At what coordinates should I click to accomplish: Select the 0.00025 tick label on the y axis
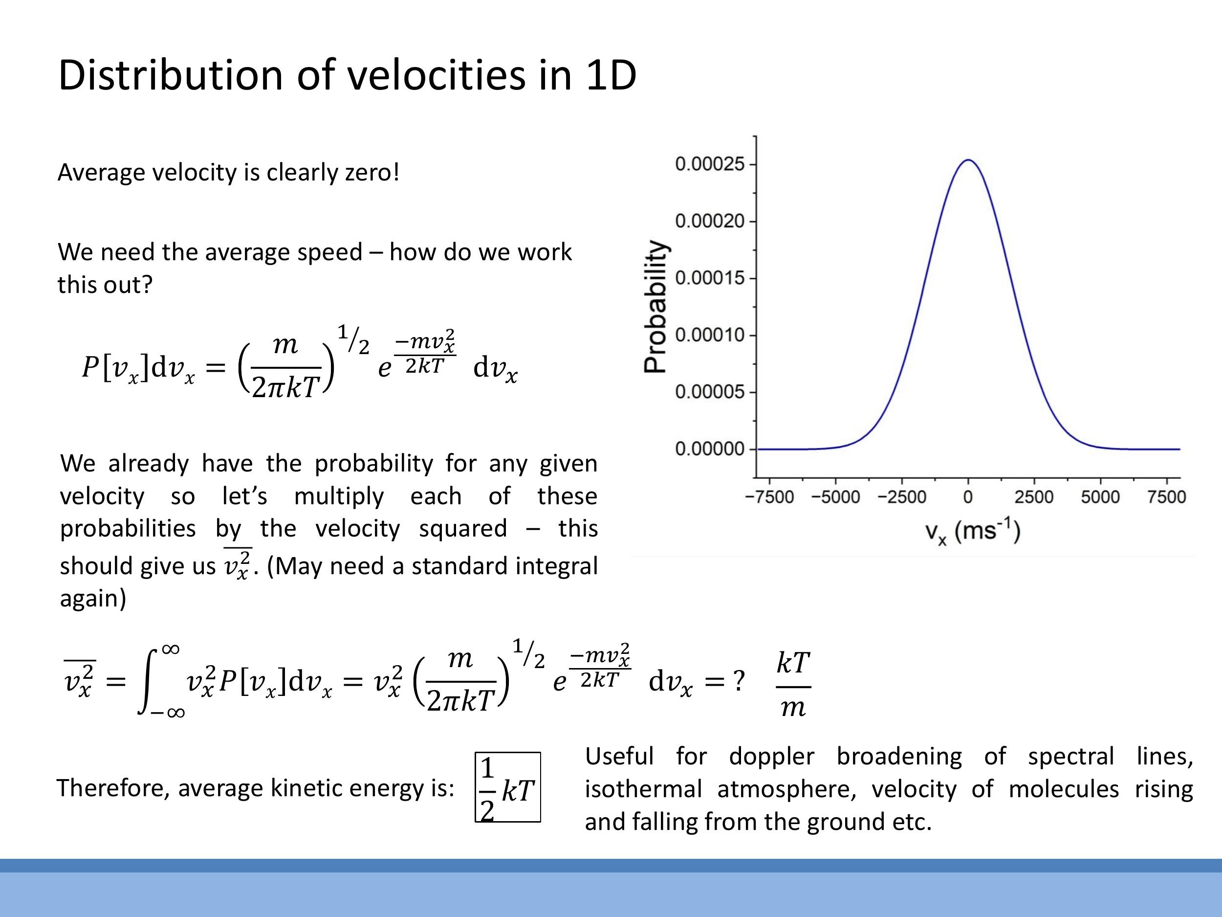[710, 164]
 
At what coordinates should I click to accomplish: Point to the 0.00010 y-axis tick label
[710, 335]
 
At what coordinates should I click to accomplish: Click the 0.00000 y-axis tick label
[710, 449]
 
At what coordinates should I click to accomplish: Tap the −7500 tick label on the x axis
[769, 497]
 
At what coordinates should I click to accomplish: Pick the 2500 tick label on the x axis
[1034, 497]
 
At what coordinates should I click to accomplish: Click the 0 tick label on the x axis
[968, 497]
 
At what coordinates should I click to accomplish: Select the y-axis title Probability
[656, 307]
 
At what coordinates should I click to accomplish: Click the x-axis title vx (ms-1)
[972, 532]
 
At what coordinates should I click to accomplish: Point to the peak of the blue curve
[968, 160]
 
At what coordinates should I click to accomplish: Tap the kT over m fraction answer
[793, 684]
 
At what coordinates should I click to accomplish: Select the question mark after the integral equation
[738, 681]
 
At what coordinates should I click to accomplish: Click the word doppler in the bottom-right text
[771, 756]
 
